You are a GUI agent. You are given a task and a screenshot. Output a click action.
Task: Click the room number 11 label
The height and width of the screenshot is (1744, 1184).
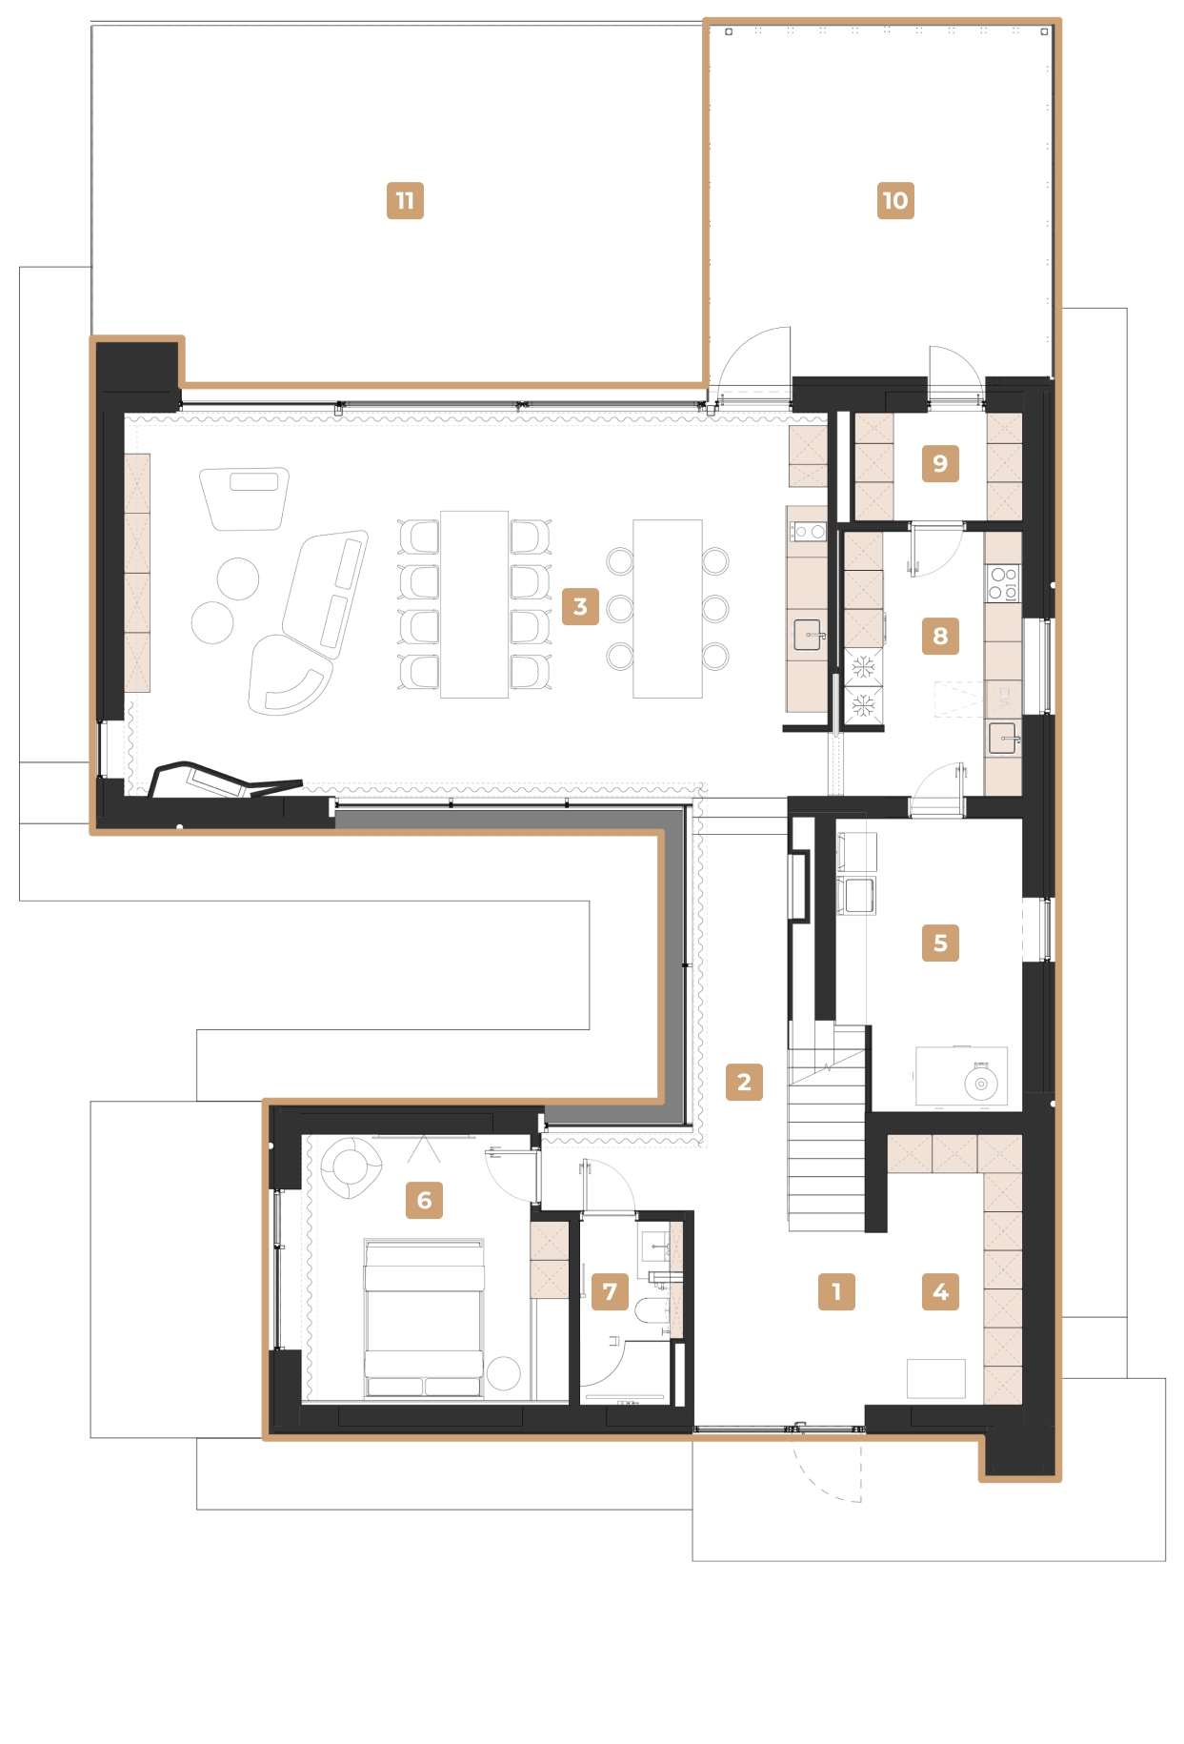coord(405,201)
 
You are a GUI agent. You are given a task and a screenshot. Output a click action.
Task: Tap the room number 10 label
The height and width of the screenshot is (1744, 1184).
coord(895,201)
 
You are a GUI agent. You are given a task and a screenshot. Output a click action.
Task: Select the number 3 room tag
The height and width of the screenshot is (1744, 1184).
coord(580,607)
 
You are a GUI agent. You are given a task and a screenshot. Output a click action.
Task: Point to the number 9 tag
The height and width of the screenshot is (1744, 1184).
coord(940,464)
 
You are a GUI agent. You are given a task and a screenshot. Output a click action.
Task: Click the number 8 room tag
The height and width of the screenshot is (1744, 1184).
coord(940,637)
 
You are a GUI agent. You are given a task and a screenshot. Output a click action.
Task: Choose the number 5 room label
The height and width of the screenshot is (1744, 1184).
coord(940,943)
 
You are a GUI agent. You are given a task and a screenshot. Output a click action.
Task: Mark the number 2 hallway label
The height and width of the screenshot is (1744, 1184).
coord(744,1083)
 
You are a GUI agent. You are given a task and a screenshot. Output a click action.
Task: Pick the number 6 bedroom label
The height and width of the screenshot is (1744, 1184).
coord(424,1201)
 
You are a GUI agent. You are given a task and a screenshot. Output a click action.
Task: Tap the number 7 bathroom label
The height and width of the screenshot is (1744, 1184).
coord(610,1292)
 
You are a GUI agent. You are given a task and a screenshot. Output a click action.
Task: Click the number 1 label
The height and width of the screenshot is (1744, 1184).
coord(836,1292)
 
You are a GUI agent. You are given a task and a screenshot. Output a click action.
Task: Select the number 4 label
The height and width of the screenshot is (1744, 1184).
coord(940,1292)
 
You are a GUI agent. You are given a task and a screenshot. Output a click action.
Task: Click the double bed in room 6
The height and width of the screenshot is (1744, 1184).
coord(424,1320)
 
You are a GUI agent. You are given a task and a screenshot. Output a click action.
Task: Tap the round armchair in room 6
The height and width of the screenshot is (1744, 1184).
coord(350,1166)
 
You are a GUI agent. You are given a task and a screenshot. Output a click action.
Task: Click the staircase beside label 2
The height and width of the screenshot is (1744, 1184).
coord(826,1134)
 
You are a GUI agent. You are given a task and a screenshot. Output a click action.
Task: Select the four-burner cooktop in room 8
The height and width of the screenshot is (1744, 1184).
coord(1003,583)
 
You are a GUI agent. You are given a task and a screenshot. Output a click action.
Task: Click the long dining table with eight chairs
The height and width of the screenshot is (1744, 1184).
coord(474,604)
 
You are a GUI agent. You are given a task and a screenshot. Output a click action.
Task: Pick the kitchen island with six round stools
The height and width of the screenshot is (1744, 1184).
coord(668,608)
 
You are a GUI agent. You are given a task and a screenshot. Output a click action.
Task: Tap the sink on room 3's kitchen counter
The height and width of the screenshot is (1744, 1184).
coord(808,634)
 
